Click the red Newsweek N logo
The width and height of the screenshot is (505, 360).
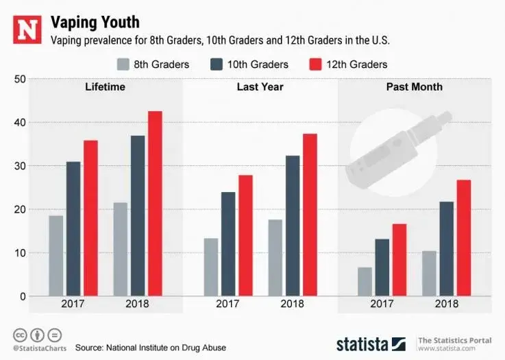[27, 29]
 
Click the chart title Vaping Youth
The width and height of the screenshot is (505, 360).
[95, 22]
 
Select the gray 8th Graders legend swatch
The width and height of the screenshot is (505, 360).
[124, 64]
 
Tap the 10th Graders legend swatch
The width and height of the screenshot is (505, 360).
[218, 64]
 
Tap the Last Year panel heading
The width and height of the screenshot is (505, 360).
[260, 87]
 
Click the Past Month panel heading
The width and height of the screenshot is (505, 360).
[414, 87]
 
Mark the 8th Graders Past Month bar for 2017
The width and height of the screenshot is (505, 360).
[365, 281]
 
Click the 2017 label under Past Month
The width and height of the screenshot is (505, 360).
[382, 304]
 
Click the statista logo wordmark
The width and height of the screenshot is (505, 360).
[362, 343]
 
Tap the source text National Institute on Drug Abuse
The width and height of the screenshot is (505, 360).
[151, 347]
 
